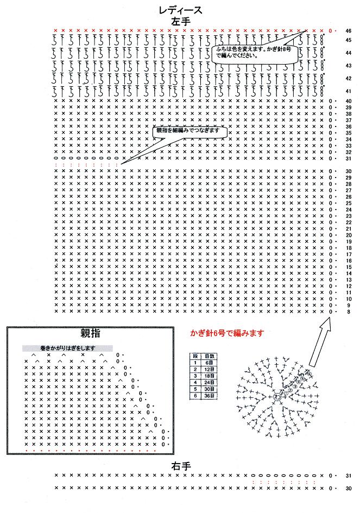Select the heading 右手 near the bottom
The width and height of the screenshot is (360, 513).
[180, 466]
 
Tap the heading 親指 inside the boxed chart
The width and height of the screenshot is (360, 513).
[90, 333]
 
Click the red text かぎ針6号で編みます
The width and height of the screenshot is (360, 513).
[227, 333]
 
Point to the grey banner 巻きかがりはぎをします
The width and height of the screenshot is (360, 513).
[68, 348]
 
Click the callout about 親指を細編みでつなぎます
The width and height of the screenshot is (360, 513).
[188, 131]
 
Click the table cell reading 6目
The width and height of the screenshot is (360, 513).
[210, 362]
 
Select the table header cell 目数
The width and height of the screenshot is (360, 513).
[210, 356]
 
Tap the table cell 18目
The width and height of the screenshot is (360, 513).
[210, 376]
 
